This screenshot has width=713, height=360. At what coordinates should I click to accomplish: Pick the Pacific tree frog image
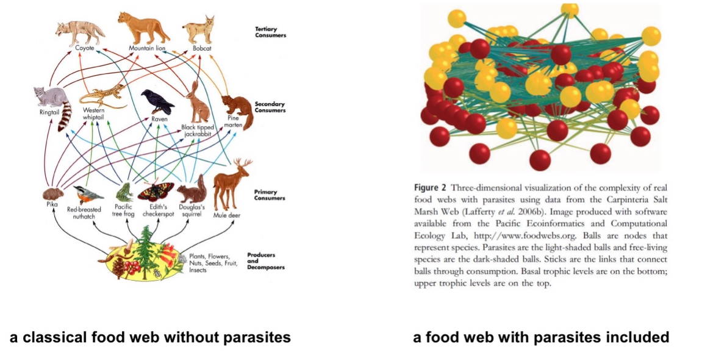tap(124, 192)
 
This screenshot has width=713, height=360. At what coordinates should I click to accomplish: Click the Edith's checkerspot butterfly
tap(156, 191)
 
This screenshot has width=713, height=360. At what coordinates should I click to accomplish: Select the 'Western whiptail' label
tap(95, 114)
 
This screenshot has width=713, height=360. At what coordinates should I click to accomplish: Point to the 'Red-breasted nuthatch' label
tap(84, 212)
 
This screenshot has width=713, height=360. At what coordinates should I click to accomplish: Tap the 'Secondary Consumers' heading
tap(269, 107)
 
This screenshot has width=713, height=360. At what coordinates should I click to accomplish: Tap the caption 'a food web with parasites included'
tap(541, 337)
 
